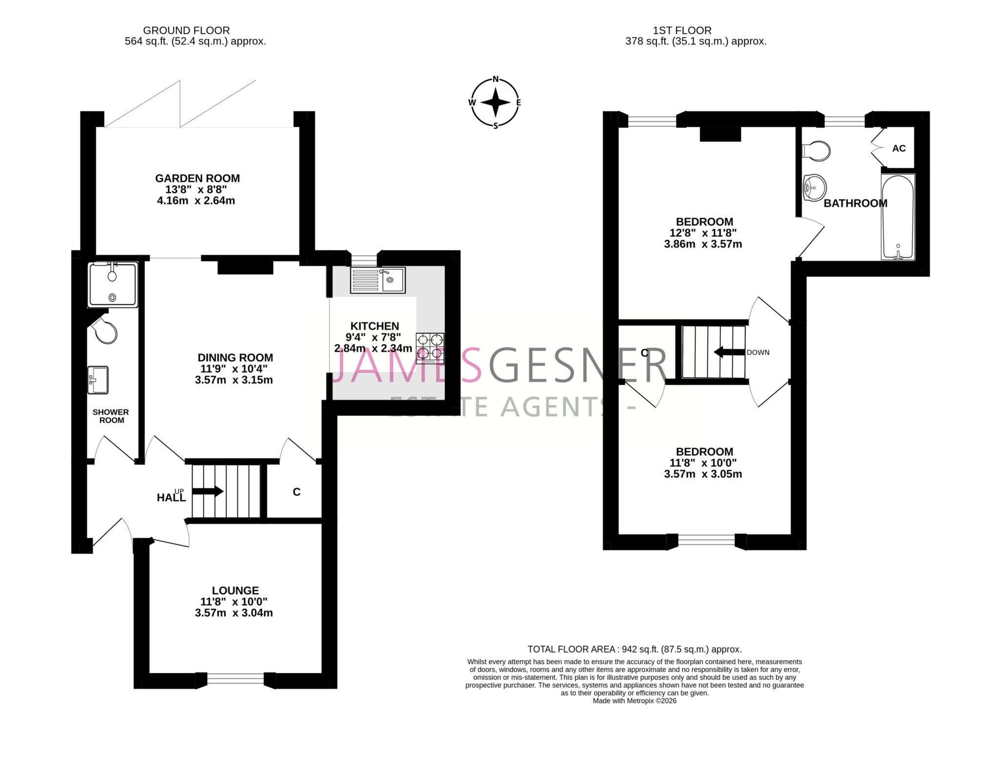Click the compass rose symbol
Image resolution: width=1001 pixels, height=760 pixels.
(495, 103)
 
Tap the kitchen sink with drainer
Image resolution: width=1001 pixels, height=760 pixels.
(377, 280)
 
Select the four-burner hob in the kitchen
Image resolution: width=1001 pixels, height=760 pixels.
(430, 347)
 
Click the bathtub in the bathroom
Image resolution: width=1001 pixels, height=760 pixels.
(897, 217)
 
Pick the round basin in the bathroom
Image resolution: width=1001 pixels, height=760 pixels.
(814, 187)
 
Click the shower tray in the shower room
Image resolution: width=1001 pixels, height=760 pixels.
(113, 285)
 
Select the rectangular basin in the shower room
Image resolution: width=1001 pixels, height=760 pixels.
(98, 380)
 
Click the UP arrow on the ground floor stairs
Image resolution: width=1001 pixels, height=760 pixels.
(208, 491)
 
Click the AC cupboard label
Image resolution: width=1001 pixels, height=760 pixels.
(899, 148)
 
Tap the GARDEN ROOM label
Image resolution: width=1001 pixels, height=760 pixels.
(197, 178)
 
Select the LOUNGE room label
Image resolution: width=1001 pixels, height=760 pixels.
(235, 590)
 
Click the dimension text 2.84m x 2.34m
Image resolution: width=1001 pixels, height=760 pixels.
(373, 348)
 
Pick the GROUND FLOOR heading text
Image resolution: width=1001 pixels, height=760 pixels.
(186, 30)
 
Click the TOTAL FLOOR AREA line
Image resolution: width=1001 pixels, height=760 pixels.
(634, 649)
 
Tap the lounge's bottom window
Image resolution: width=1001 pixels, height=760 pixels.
(236, 679)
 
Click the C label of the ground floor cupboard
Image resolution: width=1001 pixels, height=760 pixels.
(297, 492)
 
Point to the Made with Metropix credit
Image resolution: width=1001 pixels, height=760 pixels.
(634, 700)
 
